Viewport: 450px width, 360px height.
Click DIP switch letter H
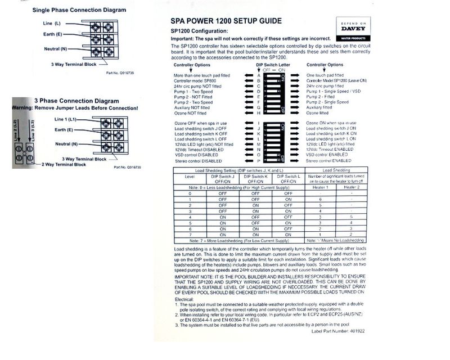coord(259,112)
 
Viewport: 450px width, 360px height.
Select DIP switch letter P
coord(259,160)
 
